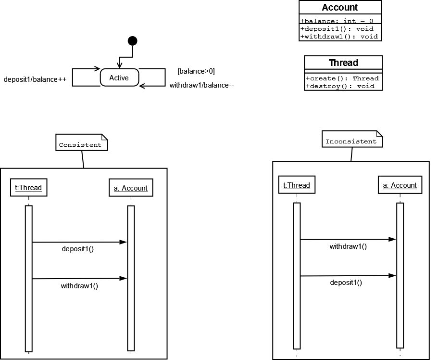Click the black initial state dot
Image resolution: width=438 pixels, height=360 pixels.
point(133,41)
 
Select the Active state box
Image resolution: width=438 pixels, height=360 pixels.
point(119,77)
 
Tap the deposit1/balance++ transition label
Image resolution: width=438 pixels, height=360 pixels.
point(35,79)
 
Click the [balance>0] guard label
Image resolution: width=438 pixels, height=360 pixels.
point(196,71)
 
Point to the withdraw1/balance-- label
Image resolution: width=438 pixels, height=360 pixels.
point(202,86)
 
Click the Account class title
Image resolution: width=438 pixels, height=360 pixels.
point(340,7)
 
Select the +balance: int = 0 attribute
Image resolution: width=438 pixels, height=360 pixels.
point(337,21)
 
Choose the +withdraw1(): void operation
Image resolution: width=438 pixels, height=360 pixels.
point(339,36)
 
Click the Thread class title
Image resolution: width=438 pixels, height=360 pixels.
point(343,63)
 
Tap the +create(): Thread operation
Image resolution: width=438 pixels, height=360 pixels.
point(342,78)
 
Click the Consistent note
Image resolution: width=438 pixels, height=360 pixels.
point(80,144)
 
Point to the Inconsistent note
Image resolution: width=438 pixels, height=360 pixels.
point(351,141)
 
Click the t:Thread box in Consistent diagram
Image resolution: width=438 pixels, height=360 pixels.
point(28,188)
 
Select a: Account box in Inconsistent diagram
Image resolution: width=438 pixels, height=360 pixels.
point(400,185)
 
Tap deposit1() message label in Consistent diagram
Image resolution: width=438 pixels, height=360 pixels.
point(77,249)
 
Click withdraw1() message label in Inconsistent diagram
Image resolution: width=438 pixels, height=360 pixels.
point(348,246)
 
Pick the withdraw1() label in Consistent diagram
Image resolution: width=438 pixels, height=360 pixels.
point(79,286)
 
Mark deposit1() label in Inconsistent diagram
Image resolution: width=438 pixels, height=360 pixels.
point(346,283)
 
